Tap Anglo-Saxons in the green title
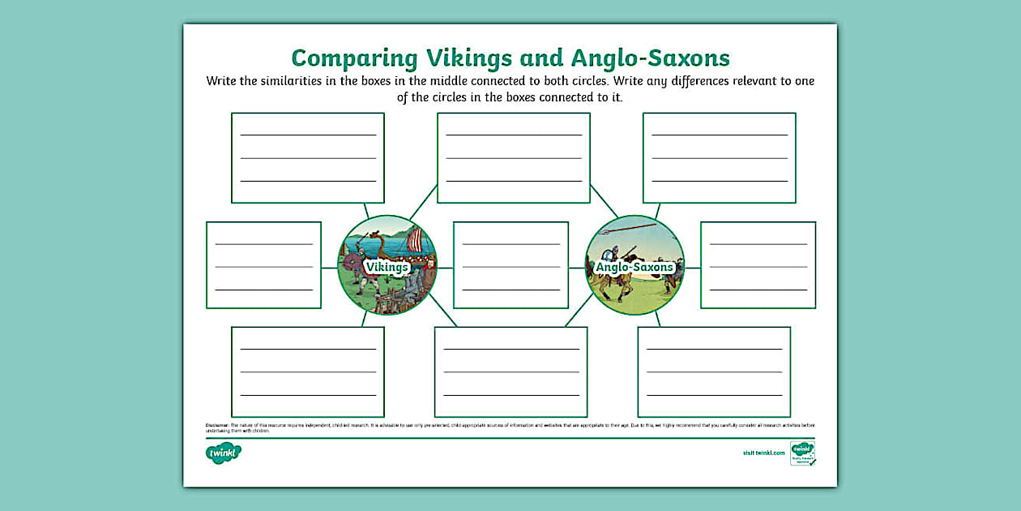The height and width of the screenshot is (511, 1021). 651,58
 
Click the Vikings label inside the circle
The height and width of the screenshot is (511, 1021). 387,266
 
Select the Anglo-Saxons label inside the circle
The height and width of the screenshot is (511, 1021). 634,267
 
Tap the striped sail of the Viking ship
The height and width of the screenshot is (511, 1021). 414,240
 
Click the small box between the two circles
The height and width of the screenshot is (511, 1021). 510,265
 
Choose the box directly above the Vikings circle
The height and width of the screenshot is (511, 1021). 307,157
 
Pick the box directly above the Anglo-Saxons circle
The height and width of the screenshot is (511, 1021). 719,157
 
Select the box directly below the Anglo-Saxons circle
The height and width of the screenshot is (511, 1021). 713,371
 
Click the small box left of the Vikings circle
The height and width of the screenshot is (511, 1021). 263,265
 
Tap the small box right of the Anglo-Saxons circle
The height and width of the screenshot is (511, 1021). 758,265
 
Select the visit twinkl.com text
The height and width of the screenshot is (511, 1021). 763,453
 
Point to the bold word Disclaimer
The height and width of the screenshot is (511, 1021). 217,424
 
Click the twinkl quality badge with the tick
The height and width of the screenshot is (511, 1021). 802,453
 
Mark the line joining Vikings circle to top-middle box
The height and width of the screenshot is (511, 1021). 423,203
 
